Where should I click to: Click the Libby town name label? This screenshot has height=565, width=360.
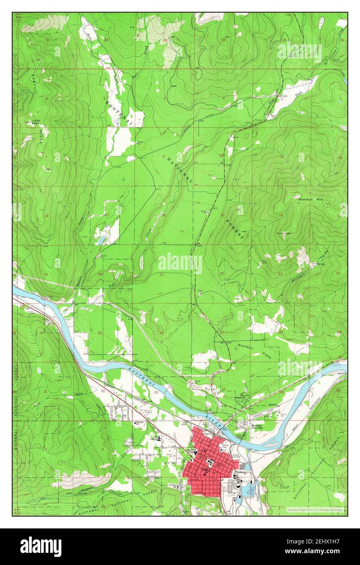[x=206, y=469]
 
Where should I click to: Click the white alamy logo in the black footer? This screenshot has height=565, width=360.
[x=41, y=546]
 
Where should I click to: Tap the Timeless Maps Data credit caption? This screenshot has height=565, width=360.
[x=315, y=509]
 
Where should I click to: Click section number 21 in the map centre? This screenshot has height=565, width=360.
[x=162, y=275]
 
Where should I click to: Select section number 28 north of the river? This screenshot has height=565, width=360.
[x=161, y=333]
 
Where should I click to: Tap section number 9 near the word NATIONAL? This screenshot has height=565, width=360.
[x=164, y=156]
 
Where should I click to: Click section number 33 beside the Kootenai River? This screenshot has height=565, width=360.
[x=156, y=392]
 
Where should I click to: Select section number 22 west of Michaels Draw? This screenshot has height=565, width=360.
[x=222, y=274]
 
